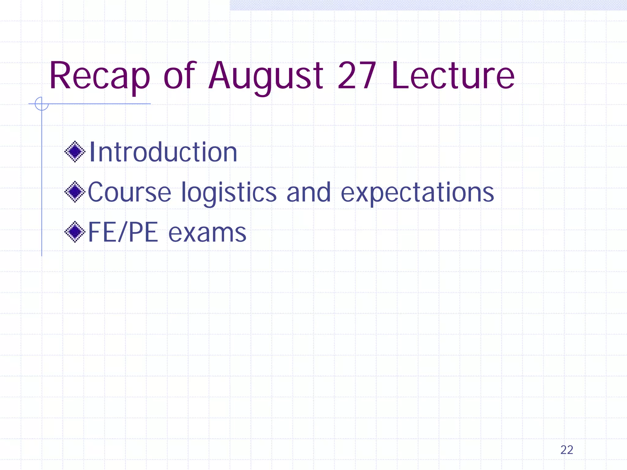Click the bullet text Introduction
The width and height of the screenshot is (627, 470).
163,152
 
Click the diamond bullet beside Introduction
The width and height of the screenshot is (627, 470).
75,151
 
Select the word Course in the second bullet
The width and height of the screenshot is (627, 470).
129,192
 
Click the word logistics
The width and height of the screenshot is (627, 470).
229,193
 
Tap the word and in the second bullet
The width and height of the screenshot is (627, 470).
309,192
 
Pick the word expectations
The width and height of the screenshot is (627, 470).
417,193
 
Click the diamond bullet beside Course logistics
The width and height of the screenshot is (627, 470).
75,192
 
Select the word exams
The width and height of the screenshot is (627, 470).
207,233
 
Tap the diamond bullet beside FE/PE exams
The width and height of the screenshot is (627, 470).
75,232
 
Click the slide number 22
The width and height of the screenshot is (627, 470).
567,450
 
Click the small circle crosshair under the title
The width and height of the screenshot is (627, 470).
42,104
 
